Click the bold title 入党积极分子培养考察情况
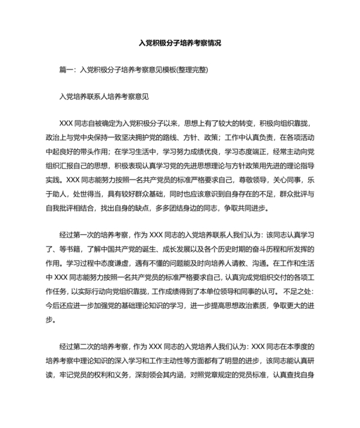[180, 43]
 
